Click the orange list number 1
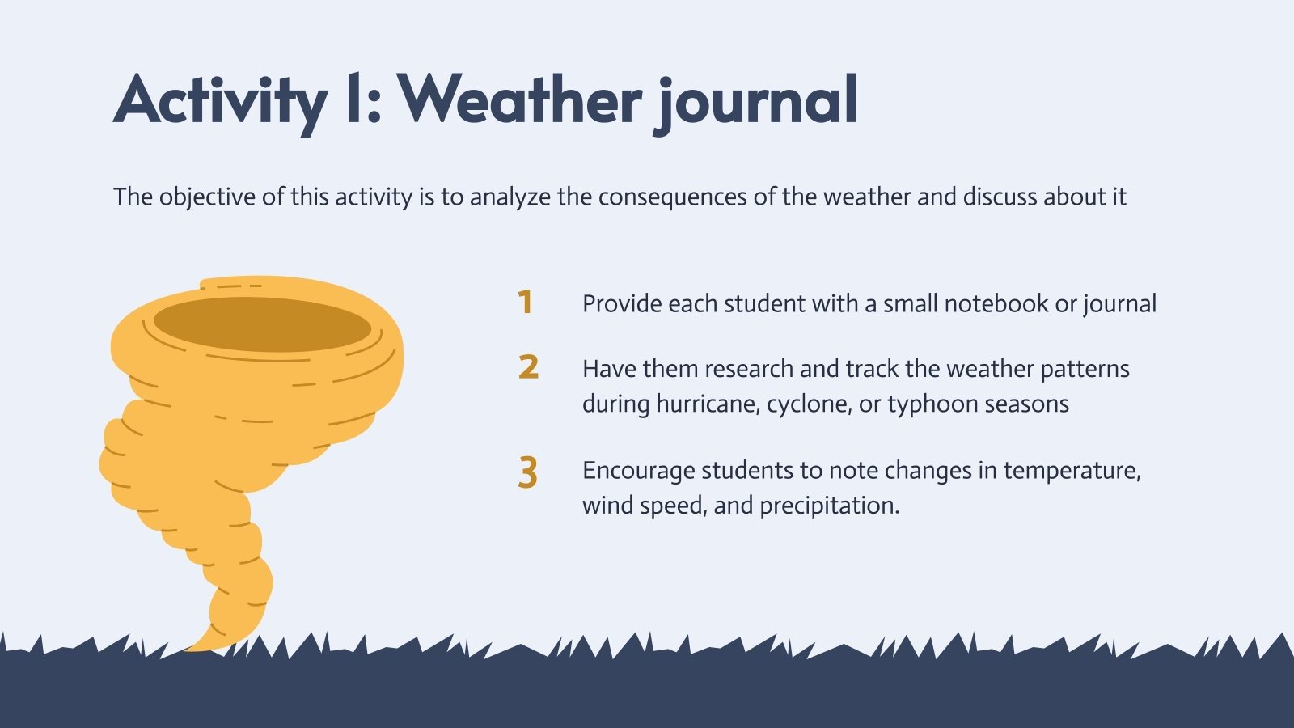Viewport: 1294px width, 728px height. coord(526,303)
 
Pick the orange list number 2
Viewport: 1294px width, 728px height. coord(528,367)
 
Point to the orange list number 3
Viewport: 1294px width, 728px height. coord(527,473)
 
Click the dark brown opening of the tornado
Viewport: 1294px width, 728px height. coord(262,324)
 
